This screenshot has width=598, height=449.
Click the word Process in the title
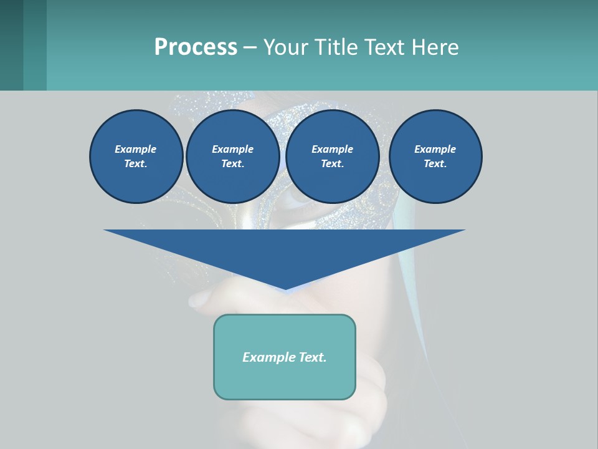click(x=196, y=47)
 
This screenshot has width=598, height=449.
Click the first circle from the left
click(x=136, y=157)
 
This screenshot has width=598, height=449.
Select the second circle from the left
click(x=232, y=157)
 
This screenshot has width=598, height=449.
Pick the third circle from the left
click(x=332, y=157)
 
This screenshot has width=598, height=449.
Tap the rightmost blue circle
click(x=435, y=157)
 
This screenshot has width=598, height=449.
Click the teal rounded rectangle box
click(x=285, y=357)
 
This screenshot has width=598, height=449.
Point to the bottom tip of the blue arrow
click(x=285, y=290)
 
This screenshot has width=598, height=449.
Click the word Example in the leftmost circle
click(x=136, y=149)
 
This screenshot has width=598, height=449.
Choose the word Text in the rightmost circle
click(x=434, y=164)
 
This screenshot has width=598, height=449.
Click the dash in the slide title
click(x=250, y=47)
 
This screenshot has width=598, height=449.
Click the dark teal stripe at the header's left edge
click(x=11, y=45)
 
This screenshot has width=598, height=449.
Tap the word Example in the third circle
click(x=332, y=149)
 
